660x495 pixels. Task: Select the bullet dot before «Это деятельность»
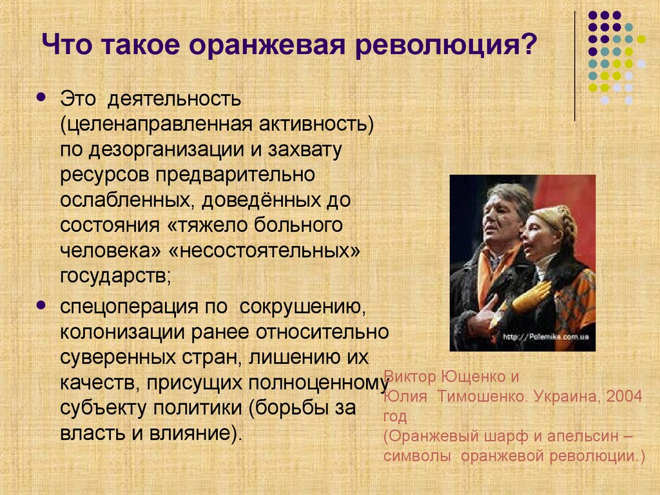point(41,98)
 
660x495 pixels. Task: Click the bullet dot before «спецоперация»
point(41,303)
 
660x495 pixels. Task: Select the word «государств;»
point(116,276)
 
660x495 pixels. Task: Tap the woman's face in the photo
point(540,235)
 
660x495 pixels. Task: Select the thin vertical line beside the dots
point(574,64)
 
